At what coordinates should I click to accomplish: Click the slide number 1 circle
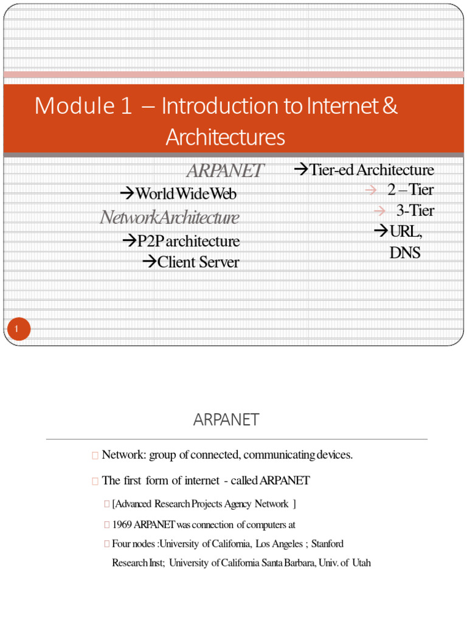pyautogui.click(x=18, y=330)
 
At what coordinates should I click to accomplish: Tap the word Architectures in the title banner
pyautogui.click(x=226, y=137)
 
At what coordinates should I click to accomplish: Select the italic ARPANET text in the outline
pyautogui.click(x=225, y=171)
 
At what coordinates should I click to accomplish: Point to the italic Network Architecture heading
pyautogui.click(x=170, y=217)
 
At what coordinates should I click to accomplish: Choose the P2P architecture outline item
pyautogui.click(x=188, y=241)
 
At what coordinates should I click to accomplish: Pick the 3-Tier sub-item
pyautogui.click(x=415, y=211)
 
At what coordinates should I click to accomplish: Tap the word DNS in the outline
pyautogui.click(x=404, y=252)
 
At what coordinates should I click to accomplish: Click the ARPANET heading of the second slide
pyautogui.click(x=226, y=420)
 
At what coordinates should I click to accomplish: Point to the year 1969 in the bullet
pyautogui.click(x=122, y=524)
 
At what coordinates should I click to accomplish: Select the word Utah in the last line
pyautogui.click(x=359, y=563)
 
